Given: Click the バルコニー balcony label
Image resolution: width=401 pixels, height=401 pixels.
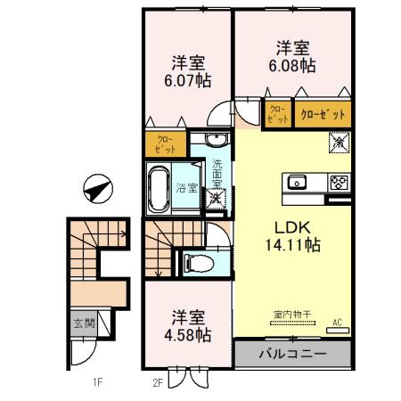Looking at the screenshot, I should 292,354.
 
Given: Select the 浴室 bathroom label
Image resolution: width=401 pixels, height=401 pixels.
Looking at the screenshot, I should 185,188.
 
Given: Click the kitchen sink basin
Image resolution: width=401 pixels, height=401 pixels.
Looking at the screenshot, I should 297,184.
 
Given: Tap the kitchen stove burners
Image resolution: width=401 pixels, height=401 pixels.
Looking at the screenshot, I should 339,184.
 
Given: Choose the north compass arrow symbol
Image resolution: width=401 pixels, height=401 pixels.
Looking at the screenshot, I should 96,189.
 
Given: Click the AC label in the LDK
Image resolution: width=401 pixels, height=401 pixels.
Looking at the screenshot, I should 338,323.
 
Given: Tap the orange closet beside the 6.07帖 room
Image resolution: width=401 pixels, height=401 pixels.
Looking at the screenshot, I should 167,143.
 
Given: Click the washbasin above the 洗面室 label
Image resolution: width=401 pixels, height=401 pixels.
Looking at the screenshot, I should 216,139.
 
